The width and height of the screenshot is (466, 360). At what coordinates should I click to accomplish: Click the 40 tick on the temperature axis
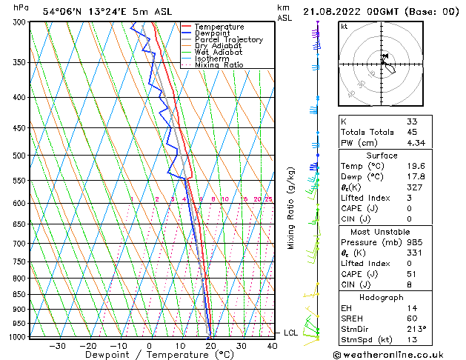272,345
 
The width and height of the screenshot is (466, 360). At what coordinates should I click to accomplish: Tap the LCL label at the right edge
290,333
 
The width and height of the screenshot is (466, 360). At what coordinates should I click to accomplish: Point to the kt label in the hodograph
344,26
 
